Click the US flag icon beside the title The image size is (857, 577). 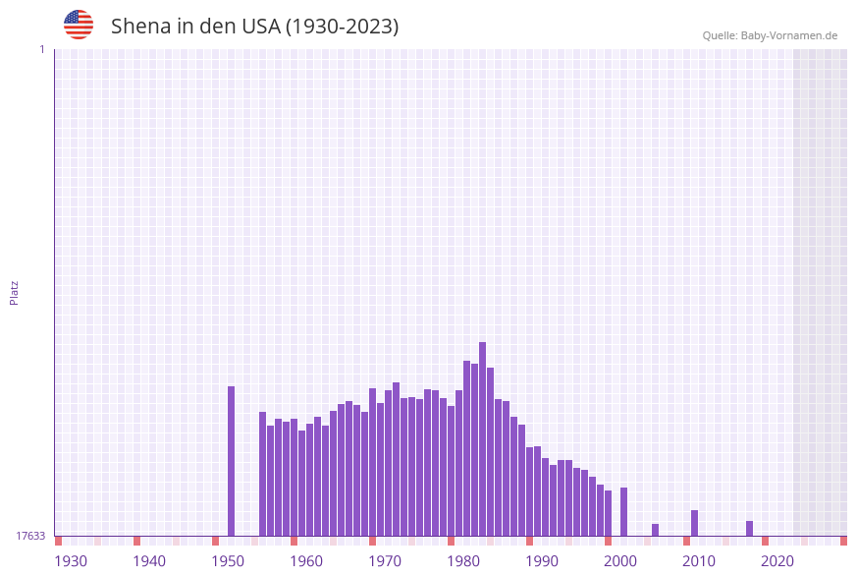point(79,25)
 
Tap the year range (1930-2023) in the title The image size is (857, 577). point(342,27)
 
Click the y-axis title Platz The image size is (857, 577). point(15,292)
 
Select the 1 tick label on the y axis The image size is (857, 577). point(41,49)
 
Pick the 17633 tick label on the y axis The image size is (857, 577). point(30,536)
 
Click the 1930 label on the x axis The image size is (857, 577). point(71,561)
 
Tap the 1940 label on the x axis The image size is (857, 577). point(149,561)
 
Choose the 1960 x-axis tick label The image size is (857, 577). point(306,561)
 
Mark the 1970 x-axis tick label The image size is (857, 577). point(385,561)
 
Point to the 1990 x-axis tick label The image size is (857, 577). point(542,561)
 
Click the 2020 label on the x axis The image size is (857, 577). point(777,561)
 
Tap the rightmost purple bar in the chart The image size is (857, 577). point(750,528)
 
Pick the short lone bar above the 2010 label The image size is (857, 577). point(695,523)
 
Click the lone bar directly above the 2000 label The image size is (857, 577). point(624,511)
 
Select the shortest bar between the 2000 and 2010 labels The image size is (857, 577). point(656,530)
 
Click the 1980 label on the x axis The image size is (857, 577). point(463,561)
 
